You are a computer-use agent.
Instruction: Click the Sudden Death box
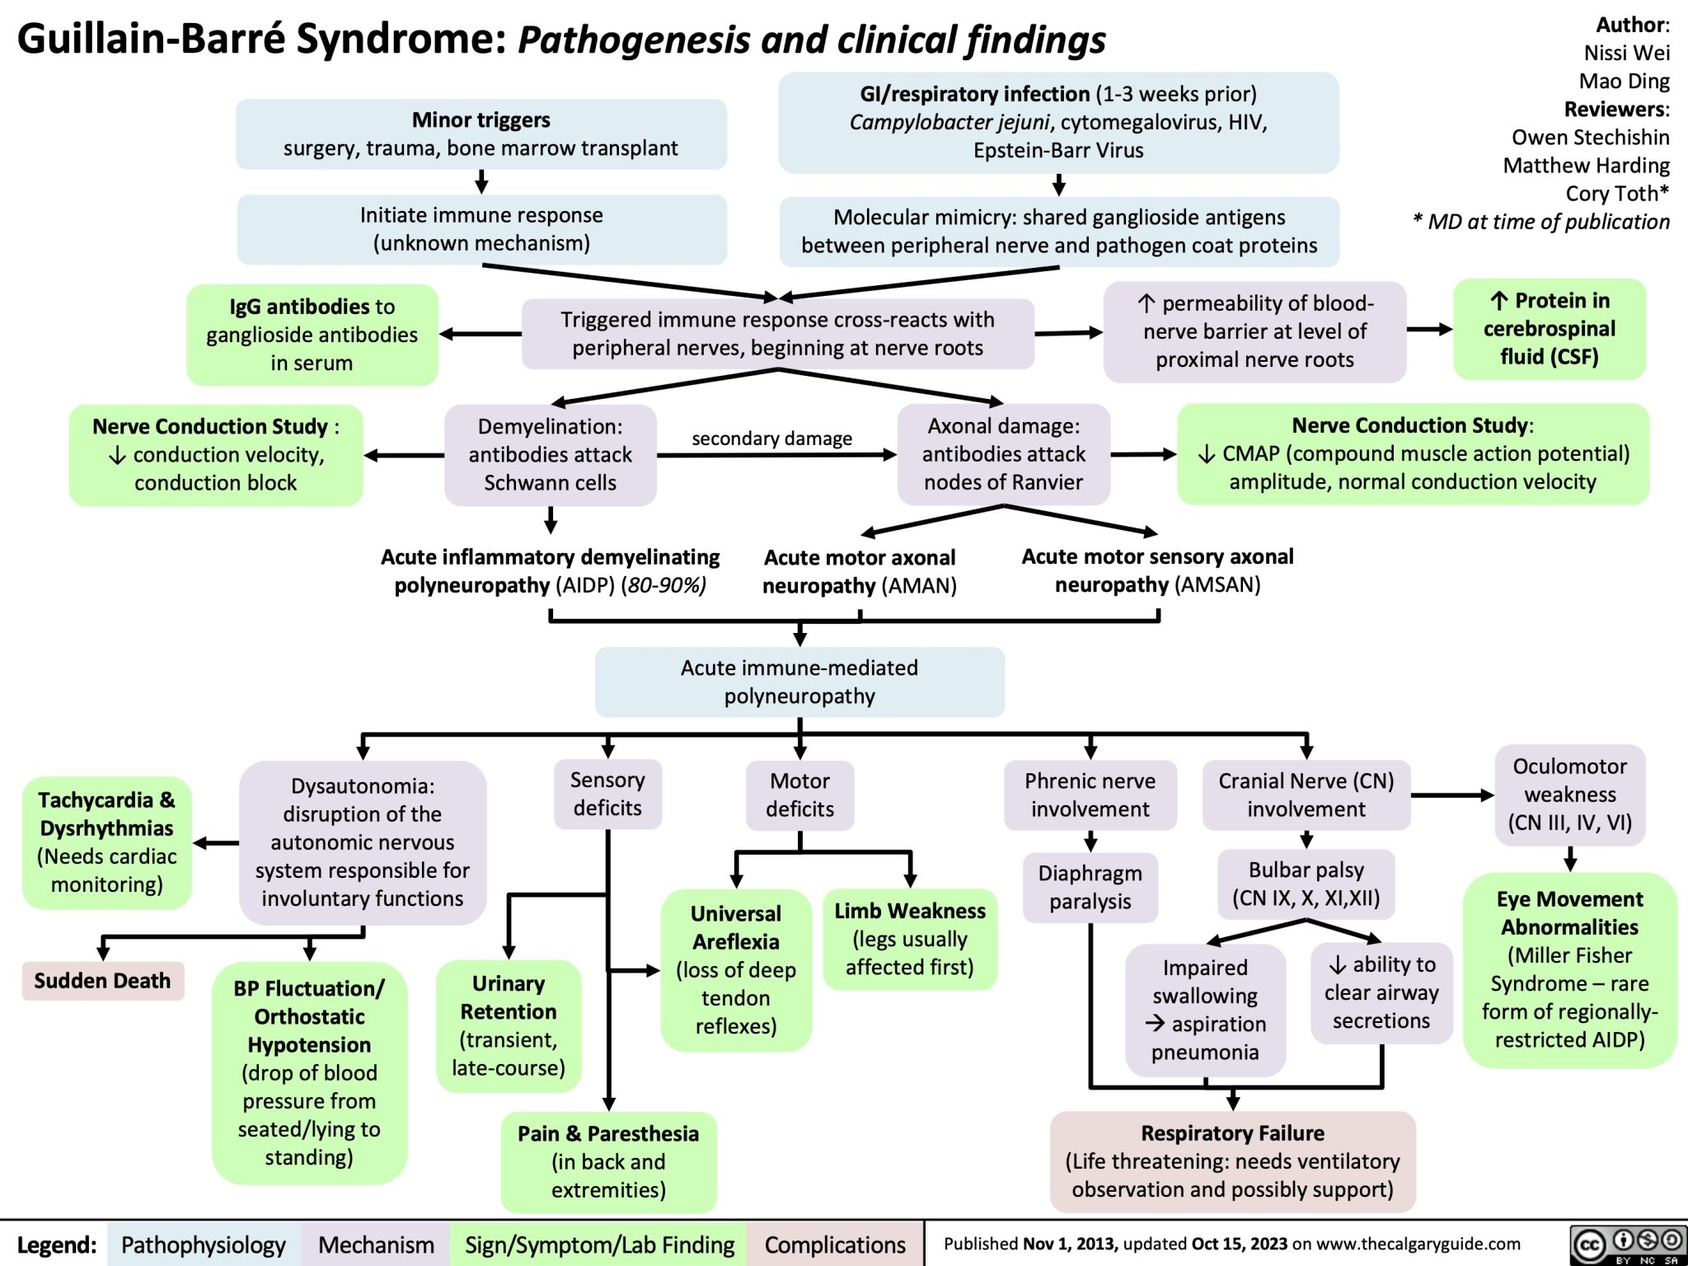[102, 981]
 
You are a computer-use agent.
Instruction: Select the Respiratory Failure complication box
[1232, 1161]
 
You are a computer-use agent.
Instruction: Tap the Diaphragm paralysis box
[1090, 887]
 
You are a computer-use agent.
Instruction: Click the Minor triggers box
[481, 134]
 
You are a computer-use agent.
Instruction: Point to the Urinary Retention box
[509, 1025]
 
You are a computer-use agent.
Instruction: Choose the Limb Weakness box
[910, 939]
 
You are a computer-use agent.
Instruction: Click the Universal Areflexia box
[735, 969]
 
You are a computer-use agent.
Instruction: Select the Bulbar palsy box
[1306, 884]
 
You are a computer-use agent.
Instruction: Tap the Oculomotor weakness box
[1569, 795]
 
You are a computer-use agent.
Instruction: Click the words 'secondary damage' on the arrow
[771, 438]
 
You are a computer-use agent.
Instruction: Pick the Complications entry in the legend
[835, 1245]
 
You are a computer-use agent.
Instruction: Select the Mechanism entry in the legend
[376, 1245]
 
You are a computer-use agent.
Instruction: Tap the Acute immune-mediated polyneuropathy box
[799, 682]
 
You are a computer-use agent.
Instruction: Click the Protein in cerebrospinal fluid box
[1549, 329]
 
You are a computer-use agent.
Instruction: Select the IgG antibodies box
[312, 335]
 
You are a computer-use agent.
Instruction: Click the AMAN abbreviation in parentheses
[918, 586]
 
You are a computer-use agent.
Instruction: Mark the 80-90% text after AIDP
[664, 586]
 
